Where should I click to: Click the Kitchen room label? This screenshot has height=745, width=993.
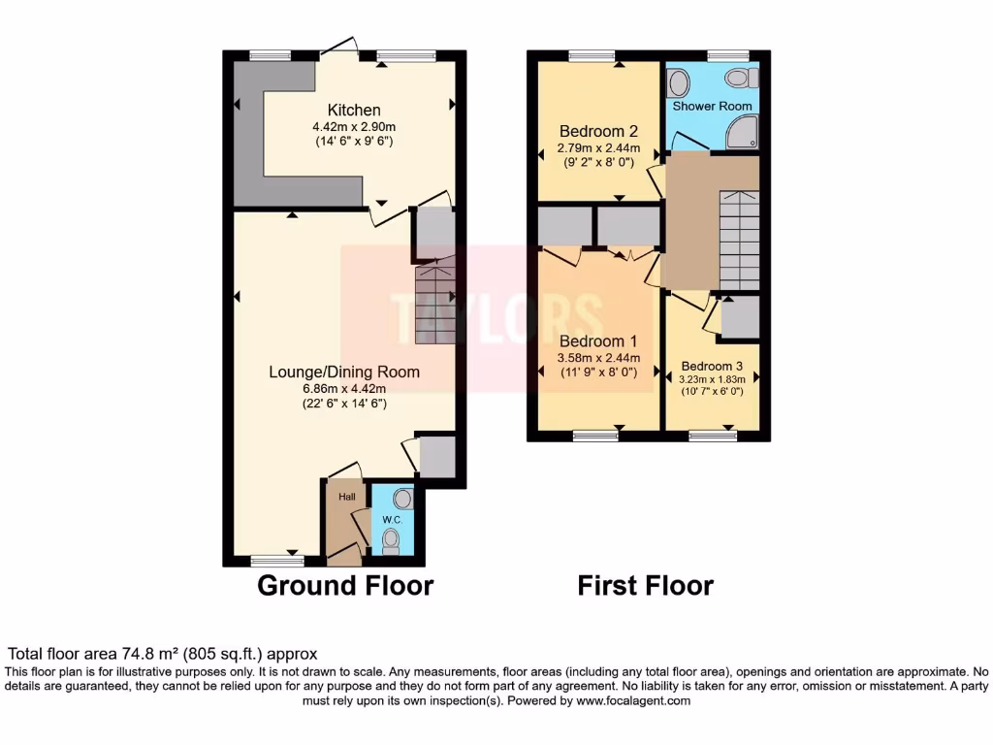[x=353, y=111]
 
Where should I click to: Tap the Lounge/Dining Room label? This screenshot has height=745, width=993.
[x=344, y=372]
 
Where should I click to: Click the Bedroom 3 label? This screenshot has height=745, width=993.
[x=713, y=367]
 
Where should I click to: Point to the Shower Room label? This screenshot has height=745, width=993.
[x=713, y=105]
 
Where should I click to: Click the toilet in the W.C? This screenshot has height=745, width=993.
[x=392, y=540]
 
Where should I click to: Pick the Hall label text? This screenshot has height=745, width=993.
[x=346, y=497]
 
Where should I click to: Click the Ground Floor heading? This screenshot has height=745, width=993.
[x=344, y=585]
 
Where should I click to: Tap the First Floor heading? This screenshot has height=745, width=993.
[x=645, y=585]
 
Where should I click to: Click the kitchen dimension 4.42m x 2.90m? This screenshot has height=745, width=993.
[x=353, y=127]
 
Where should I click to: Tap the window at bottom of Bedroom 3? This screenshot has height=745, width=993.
[x=712, y=437]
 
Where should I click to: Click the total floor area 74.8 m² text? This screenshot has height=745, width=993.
[x=162, y=654]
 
